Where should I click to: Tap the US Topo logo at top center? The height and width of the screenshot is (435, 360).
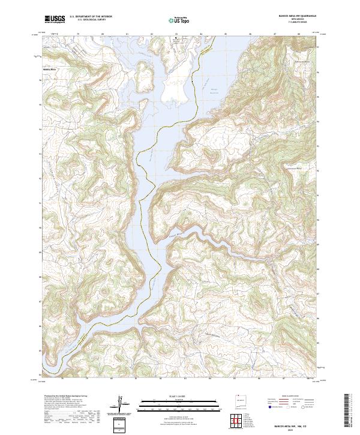(181, 19)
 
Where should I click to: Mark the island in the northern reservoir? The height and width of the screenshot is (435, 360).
(145, 74)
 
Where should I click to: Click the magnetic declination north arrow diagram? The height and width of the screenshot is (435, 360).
(121, 403)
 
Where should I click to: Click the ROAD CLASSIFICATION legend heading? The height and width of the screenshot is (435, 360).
(284, 397)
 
